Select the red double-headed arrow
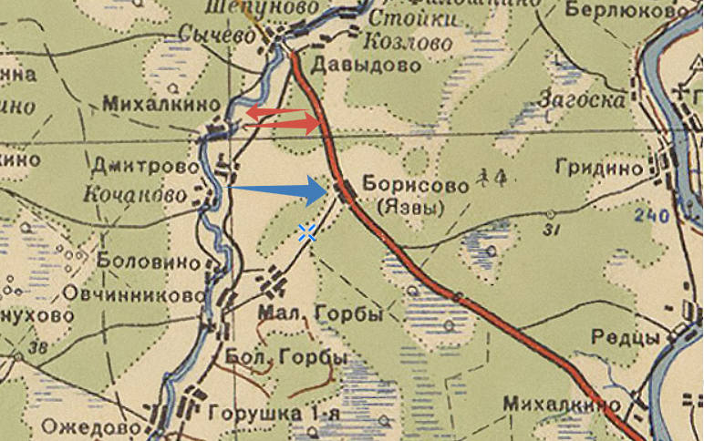click(x=280, y=118)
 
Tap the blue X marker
click(x=307, y=233)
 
